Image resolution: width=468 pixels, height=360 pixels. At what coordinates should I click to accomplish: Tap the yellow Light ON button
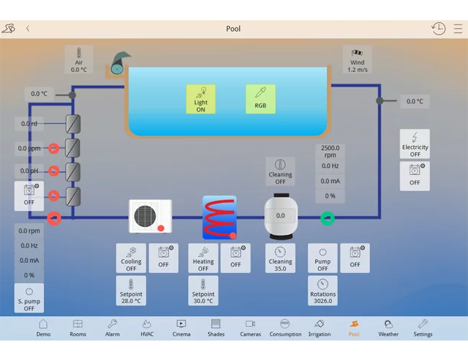pyautogui.click(x=201, y=99)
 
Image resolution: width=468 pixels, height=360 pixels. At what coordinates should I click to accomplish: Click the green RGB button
pyautogui.click(x=261, y=99)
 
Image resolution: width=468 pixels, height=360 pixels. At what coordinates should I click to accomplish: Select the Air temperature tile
pyautogui.click(x=78, y=59)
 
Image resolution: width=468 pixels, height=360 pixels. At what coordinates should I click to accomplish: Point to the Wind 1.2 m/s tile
pyautogui.click(x=357, y=59)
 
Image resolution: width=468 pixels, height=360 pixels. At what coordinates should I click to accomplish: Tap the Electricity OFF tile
pyautogui.click(x=415, y=143)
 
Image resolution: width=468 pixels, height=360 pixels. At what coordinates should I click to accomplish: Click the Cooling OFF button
pyautogui.click(x=131, y=258)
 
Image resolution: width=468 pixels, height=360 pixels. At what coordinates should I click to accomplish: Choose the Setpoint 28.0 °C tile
pyautogui.click(x=131, y=290)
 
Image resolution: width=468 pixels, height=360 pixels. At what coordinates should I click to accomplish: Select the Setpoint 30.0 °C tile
pyautogui.click(x=203, y=290)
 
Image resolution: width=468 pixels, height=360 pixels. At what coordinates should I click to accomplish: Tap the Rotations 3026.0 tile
pyautogui.click(x=323, y=290)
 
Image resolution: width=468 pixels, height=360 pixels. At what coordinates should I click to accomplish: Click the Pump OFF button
pyautogui.click(x=323, y=258)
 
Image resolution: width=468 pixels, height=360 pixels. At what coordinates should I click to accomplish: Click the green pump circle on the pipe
pyautogui.click(x=328, y=218)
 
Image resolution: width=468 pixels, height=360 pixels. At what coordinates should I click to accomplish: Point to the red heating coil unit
pyautogui.click(x=220, y=217)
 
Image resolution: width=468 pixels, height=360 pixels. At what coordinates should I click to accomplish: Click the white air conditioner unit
pyautogui.click(x=150, y=216)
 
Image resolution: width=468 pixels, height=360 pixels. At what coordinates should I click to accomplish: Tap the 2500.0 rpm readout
pyautogui.click(x=330, y=151)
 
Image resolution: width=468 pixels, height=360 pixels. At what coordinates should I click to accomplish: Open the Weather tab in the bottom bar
pyautogui.click(x=388, y=328)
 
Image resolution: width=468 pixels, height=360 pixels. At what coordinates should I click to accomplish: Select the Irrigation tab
pyautogui.click(x=320, y=328)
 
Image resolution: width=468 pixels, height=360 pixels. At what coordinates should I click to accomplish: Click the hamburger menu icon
pyautogui.click(x=458, y=29)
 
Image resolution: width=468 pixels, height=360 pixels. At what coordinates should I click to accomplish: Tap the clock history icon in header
pyautogui.click(x=438, y=29)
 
